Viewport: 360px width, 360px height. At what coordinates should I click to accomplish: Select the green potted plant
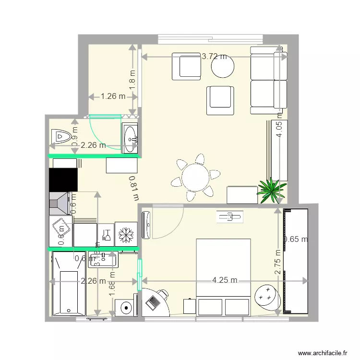(x=271, y=190)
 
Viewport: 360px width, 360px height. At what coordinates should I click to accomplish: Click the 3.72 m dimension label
(x=214, y=56)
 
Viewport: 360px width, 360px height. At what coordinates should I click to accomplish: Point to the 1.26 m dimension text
(x=113, y=96)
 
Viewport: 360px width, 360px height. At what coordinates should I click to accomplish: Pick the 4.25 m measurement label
(x=226, y=280)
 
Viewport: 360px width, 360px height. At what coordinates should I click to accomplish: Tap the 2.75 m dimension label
(x=278, y=262)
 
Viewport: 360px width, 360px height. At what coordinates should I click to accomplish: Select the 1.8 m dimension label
(x=132, y=77)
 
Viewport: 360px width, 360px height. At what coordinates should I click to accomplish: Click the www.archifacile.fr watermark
(x=323, y=352)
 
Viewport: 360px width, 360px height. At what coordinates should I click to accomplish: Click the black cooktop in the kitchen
(x=63, y=179)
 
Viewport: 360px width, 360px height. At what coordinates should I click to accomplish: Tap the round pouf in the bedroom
(x=267, y=297)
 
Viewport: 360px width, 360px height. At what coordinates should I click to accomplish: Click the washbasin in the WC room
(x=130, y=139)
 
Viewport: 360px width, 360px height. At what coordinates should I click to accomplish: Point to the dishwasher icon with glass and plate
(x=106, y=235)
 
